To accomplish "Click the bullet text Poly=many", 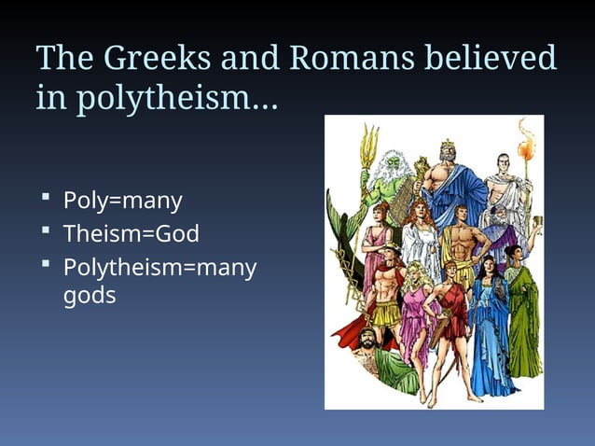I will [122, 201].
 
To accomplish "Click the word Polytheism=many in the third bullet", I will [159, 267].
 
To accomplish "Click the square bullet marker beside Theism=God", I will [45, 230].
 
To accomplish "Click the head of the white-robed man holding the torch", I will [504, 165].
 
